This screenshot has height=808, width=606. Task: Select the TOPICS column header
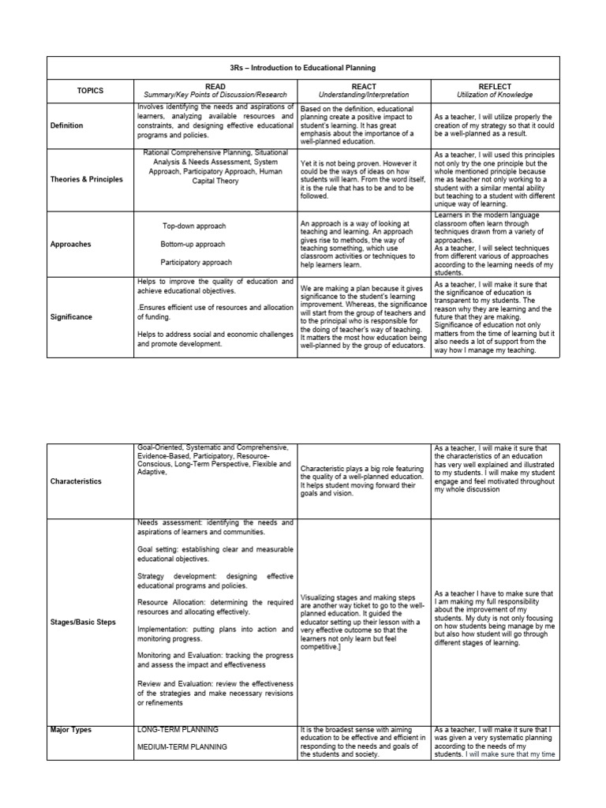[x=90, y=91]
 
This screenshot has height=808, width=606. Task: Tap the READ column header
[x=215, y=87]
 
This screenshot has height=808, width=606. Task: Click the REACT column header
[x=363, y=87]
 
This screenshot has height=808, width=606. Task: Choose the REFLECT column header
[x=495, y=87]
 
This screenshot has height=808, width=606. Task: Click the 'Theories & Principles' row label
[x=86, y=179]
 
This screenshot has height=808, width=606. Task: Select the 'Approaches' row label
[x=71, y=244]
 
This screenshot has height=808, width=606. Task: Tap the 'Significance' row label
[x=72, y=316]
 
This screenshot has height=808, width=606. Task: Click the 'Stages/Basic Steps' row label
[x=83, y=622]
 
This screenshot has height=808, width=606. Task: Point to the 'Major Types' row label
[x=72, y=730]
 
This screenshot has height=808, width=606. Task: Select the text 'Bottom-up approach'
[x=193, y=244]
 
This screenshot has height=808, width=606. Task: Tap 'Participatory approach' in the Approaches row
[x=196, y=262]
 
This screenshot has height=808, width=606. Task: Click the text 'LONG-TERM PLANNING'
[x=178, y=730]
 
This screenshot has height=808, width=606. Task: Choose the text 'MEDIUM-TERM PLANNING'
[x=181, y=746]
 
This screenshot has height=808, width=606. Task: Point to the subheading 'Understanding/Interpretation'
[x=363, y=95]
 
